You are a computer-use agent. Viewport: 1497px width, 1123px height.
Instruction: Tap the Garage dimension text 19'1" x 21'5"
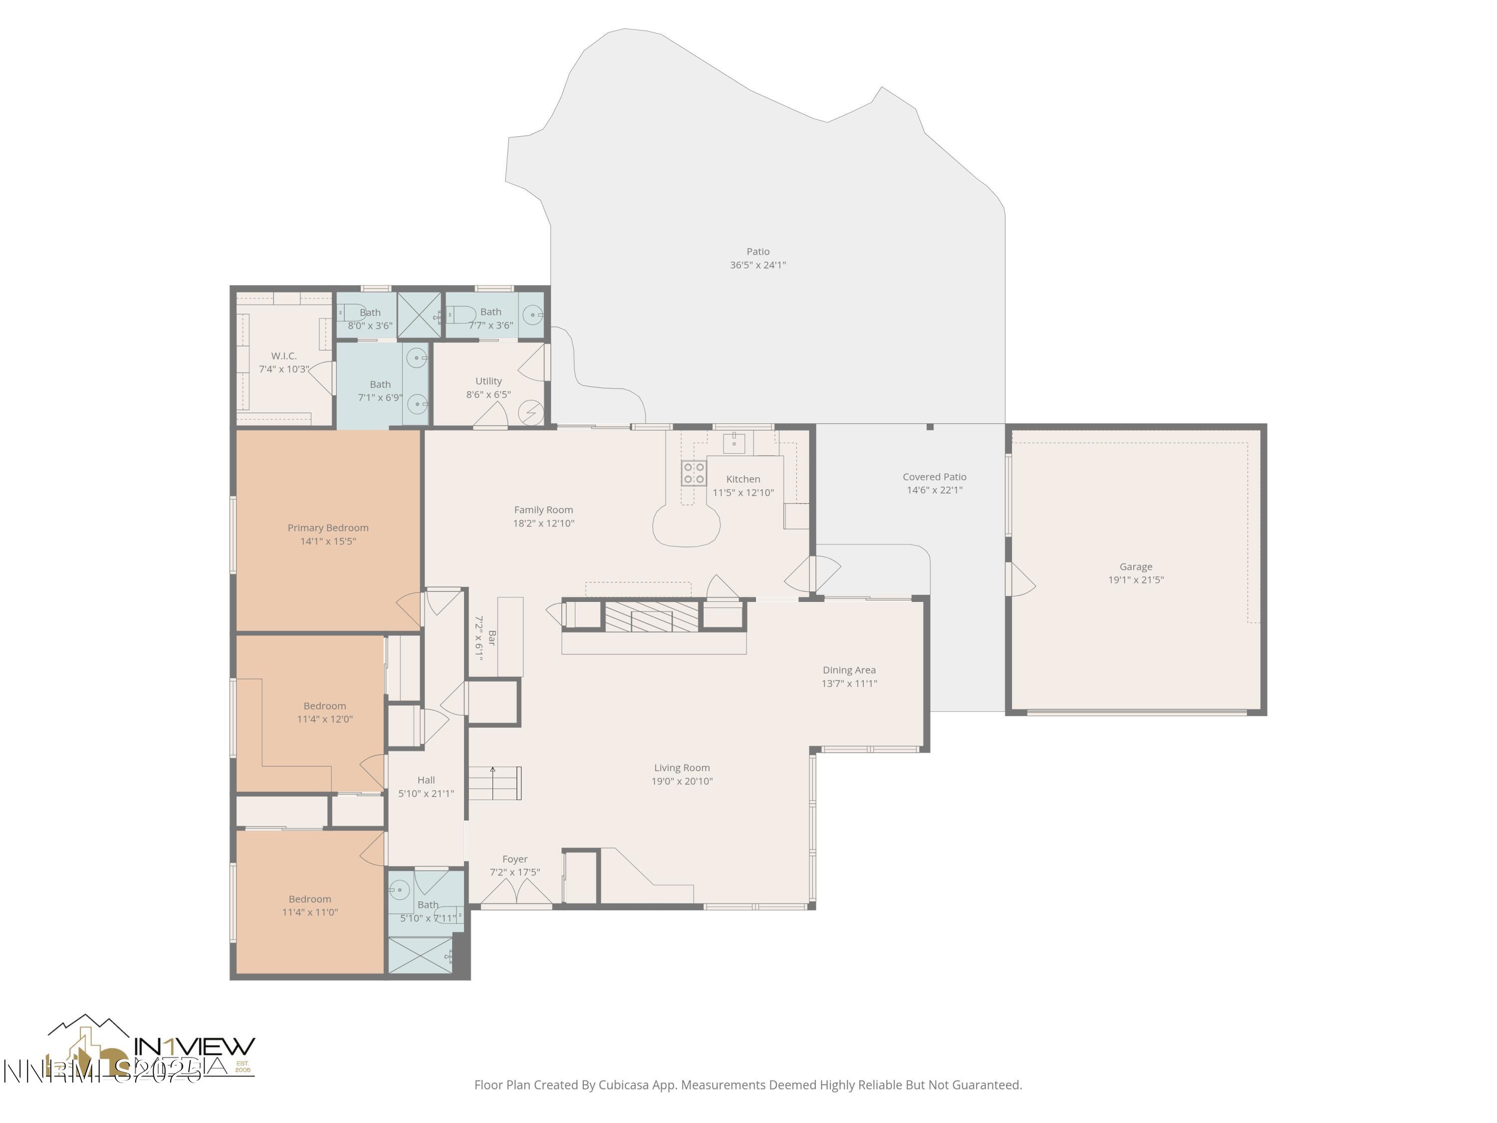(1136, 580)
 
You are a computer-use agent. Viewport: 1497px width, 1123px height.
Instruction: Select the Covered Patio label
(934, 477)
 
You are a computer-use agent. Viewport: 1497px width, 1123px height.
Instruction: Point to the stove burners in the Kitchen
(694, 473)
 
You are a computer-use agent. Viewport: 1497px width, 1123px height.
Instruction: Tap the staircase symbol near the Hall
(495, 783)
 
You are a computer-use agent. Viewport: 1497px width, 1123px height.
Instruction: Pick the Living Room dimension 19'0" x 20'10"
(682, 781)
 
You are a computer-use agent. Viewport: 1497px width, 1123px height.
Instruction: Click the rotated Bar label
(492, 638)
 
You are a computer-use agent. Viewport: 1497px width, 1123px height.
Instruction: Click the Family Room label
(543, 510)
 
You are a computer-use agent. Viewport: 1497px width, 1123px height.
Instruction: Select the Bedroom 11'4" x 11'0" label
(309, 899)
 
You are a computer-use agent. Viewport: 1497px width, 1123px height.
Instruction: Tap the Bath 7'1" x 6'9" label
(380, 384)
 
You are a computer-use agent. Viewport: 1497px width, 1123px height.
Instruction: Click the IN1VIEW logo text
(195, 1047)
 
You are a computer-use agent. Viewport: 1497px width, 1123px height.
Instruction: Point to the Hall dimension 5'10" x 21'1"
(426, 794)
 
